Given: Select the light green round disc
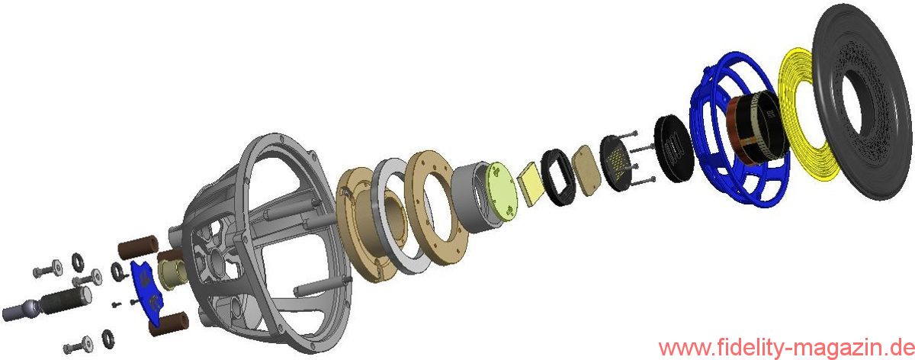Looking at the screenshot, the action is pyautogui.click(x=502, y=188).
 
